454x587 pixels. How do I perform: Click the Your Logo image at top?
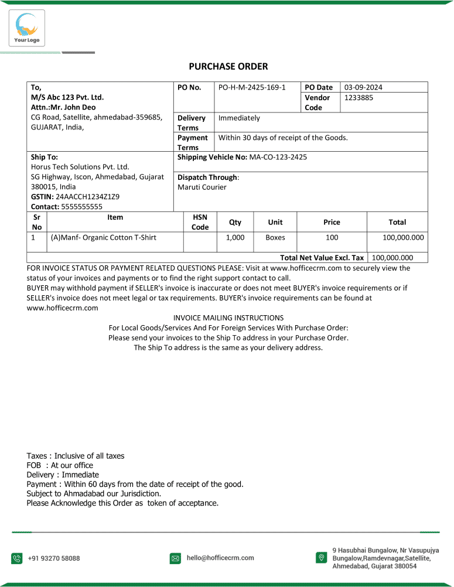tap(26, 28)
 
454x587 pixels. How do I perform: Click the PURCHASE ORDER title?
tap(228, 67)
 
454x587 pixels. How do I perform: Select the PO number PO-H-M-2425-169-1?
tap(252, 87)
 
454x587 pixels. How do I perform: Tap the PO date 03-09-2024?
tap(363, 87)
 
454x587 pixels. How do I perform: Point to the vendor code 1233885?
tap(359, 98)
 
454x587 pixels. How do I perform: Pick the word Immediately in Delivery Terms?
tap(239, 118)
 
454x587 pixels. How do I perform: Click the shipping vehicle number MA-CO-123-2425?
tap(278, 157)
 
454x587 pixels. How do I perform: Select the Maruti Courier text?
tap(202, 187)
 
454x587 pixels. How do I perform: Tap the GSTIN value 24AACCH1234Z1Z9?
tap(87, 197)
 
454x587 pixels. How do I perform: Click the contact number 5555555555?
tap(81, 207)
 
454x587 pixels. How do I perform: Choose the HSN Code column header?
tap(200, 222)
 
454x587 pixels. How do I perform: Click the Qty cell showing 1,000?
tap(235, 238)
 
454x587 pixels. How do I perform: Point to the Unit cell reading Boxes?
tap(275, 238)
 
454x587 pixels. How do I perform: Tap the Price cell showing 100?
tap(332, 238)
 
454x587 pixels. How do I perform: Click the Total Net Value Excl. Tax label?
tap(322, 258)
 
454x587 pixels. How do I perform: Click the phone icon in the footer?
tap(17, 558)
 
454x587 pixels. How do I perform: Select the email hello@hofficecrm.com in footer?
tap(220, 558)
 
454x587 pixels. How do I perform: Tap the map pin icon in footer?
tap(320, 558)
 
